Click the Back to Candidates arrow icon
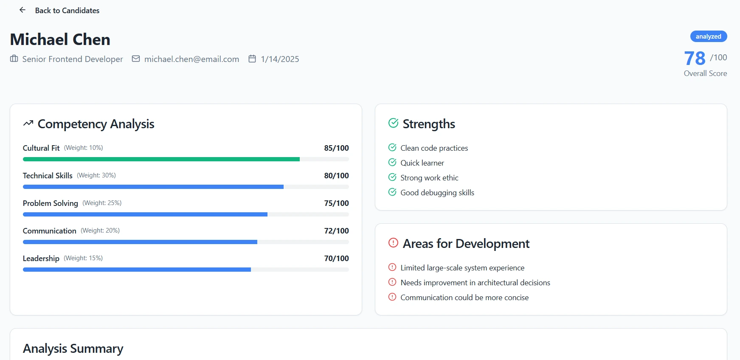[23, 10]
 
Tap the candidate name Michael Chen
[60, 39]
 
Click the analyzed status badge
[708, 37]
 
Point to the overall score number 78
[695, 59]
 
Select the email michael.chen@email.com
[191, 59]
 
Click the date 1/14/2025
[280, 59]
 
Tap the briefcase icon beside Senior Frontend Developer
[14, 59]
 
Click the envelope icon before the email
[136, 59]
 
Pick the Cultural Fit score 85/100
[336, 148]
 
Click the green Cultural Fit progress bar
[161, 159]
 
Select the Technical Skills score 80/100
[336, 176]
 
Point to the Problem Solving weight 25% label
[102, 203]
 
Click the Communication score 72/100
[336, 231]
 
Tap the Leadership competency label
[41, 259]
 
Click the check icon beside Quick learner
[392, 163]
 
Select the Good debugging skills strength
[437, 193]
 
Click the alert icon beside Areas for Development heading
[393, 243]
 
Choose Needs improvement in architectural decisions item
[475, 283]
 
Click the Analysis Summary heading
[73, 349]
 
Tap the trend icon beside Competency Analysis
[28, 124]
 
